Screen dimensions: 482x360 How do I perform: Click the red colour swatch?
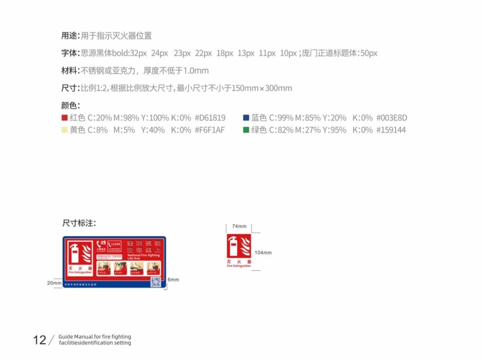tap(64, 118)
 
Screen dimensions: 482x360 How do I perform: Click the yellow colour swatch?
tap(64, 130)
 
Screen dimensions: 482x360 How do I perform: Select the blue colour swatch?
tap(246, 118)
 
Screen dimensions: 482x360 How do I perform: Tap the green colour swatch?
tap(246, 130)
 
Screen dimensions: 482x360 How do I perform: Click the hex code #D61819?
tap(210, 118)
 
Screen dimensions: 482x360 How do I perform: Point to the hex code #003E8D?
tap(391, 118)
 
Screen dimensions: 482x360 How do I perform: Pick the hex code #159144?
tap(391, 130)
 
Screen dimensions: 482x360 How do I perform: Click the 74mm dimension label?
tap(239, 226)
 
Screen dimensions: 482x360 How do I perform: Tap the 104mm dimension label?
tap(263, 253)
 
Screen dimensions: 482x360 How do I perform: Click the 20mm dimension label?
tap(54, 283)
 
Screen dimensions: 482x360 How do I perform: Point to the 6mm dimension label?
tap(173, 280)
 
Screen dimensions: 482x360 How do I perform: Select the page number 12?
tap(40, 340)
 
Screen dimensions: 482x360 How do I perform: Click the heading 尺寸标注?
tap(79, 223)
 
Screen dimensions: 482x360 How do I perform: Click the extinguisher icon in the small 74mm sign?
tap(234, 247)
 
